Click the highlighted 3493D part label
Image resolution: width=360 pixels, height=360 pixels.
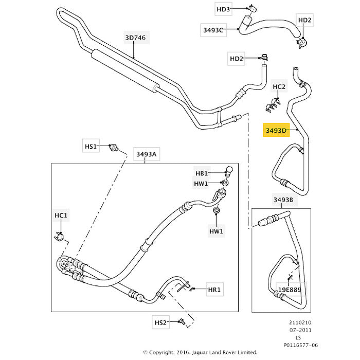coord(276,130)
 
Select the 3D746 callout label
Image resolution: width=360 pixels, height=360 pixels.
coord(135,38)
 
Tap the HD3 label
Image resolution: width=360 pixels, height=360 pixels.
coord(223,9)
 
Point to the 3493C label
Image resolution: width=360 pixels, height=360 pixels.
coord(213,30)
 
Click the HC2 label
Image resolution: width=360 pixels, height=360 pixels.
coord(279,86)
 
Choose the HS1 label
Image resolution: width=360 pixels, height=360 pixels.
coord(91,146)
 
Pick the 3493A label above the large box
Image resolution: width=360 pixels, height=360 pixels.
coord(147,154)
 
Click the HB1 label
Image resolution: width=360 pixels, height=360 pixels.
coord(202,173)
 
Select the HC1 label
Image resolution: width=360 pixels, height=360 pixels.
coord(61,215)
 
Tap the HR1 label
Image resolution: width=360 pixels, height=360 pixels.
coord(214,290)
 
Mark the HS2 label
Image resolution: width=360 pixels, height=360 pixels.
coord(160,322)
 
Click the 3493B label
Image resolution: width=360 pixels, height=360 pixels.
coord(283,200)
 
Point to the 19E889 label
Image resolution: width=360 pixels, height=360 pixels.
coord(290,290)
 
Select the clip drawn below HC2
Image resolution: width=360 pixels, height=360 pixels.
coord(273,104)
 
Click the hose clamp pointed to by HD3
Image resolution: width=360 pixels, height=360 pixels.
coord(252,9)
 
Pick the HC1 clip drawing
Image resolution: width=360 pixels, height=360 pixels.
coord(59,236)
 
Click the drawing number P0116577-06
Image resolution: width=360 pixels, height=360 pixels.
coord(301,345)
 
